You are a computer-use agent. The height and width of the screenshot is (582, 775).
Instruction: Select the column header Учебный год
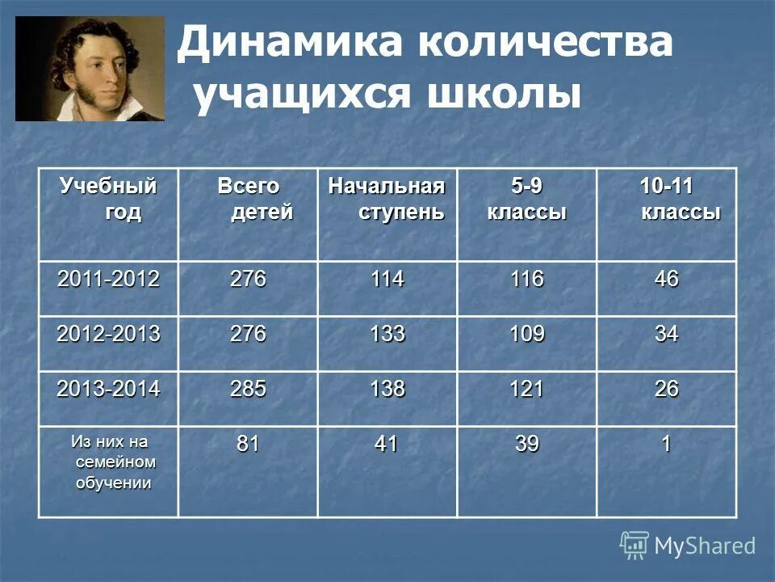[x=108, y=200]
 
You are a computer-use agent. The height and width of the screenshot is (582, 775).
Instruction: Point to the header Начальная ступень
[x=386, y=200]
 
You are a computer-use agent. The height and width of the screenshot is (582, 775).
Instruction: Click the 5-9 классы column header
[x=526, y=200]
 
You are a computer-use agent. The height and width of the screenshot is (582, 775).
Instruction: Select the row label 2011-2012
[x=108, y=280]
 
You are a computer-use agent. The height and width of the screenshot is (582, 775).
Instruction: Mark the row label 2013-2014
[x=108, y=389]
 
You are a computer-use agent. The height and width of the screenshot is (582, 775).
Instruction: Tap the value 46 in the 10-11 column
[x=667, y=280]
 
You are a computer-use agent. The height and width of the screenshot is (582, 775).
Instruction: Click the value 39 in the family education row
[x=526, y=444]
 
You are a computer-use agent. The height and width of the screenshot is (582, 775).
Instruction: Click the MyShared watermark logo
[x=688, y=546]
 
